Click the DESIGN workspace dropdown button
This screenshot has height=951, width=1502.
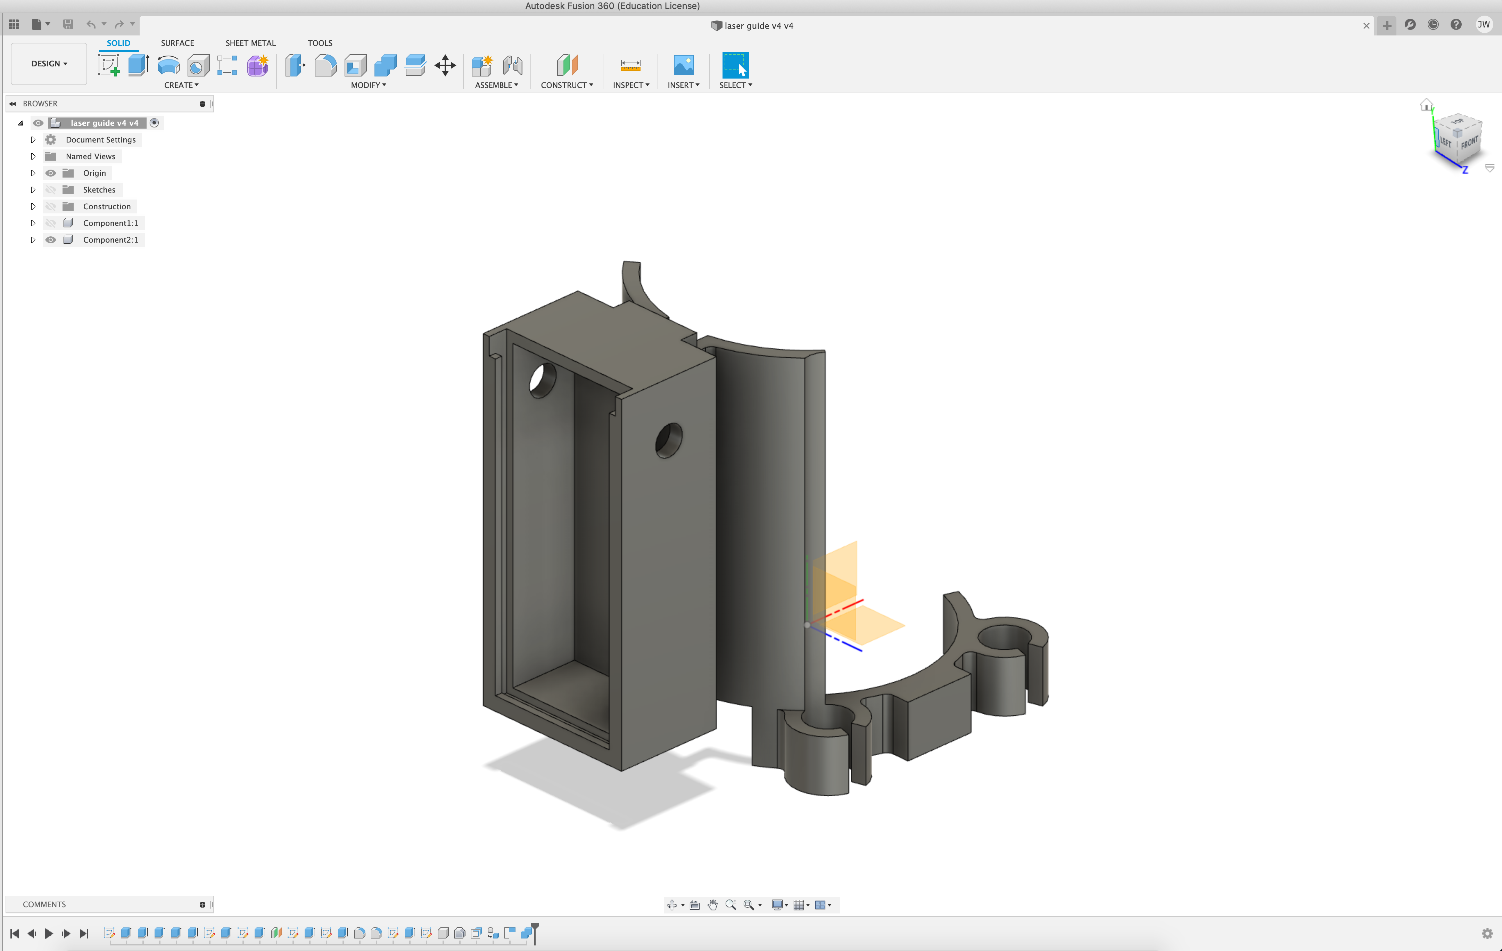click(49, 64)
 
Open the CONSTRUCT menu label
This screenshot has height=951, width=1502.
click(566, 85)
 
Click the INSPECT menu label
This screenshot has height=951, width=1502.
click(630, 85)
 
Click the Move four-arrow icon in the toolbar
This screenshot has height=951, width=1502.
click(445, 65)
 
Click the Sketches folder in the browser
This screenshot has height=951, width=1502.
click(99, 190)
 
